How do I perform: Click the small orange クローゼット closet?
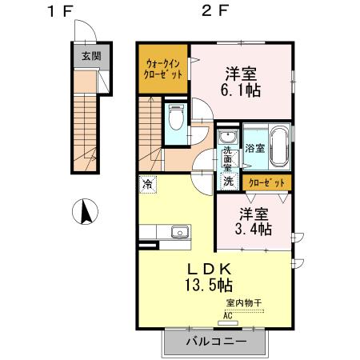(266, 183)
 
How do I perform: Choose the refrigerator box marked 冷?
(148, 184)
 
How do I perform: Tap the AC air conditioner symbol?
(227, 314)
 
